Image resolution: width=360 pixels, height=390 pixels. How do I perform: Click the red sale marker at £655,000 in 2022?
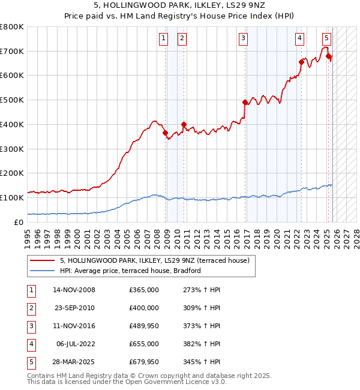click(x=301, y=62)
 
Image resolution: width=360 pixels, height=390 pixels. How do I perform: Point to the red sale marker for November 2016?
click(x=245, y=102)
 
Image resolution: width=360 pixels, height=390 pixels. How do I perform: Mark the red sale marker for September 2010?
click(x=184, y=124)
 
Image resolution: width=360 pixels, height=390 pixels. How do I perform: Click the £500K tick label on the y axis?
click(x=11, y=100)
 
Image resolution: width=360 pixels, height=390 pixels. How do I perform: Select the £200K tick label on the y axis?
click(x=11, y=173)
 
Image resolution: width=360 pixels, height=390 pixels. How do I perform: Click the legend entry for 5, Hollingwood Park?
click(x=158, y=260)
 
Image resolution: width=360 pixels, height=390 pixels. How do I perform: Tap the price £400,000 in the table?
click(x=144, y=308)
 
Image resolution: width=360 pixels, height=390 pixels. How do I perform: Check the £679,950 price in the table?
click(x=144, y=362)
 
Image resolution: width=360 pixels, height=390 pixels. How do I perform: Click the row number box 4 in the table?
click(x=31, y=344)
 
